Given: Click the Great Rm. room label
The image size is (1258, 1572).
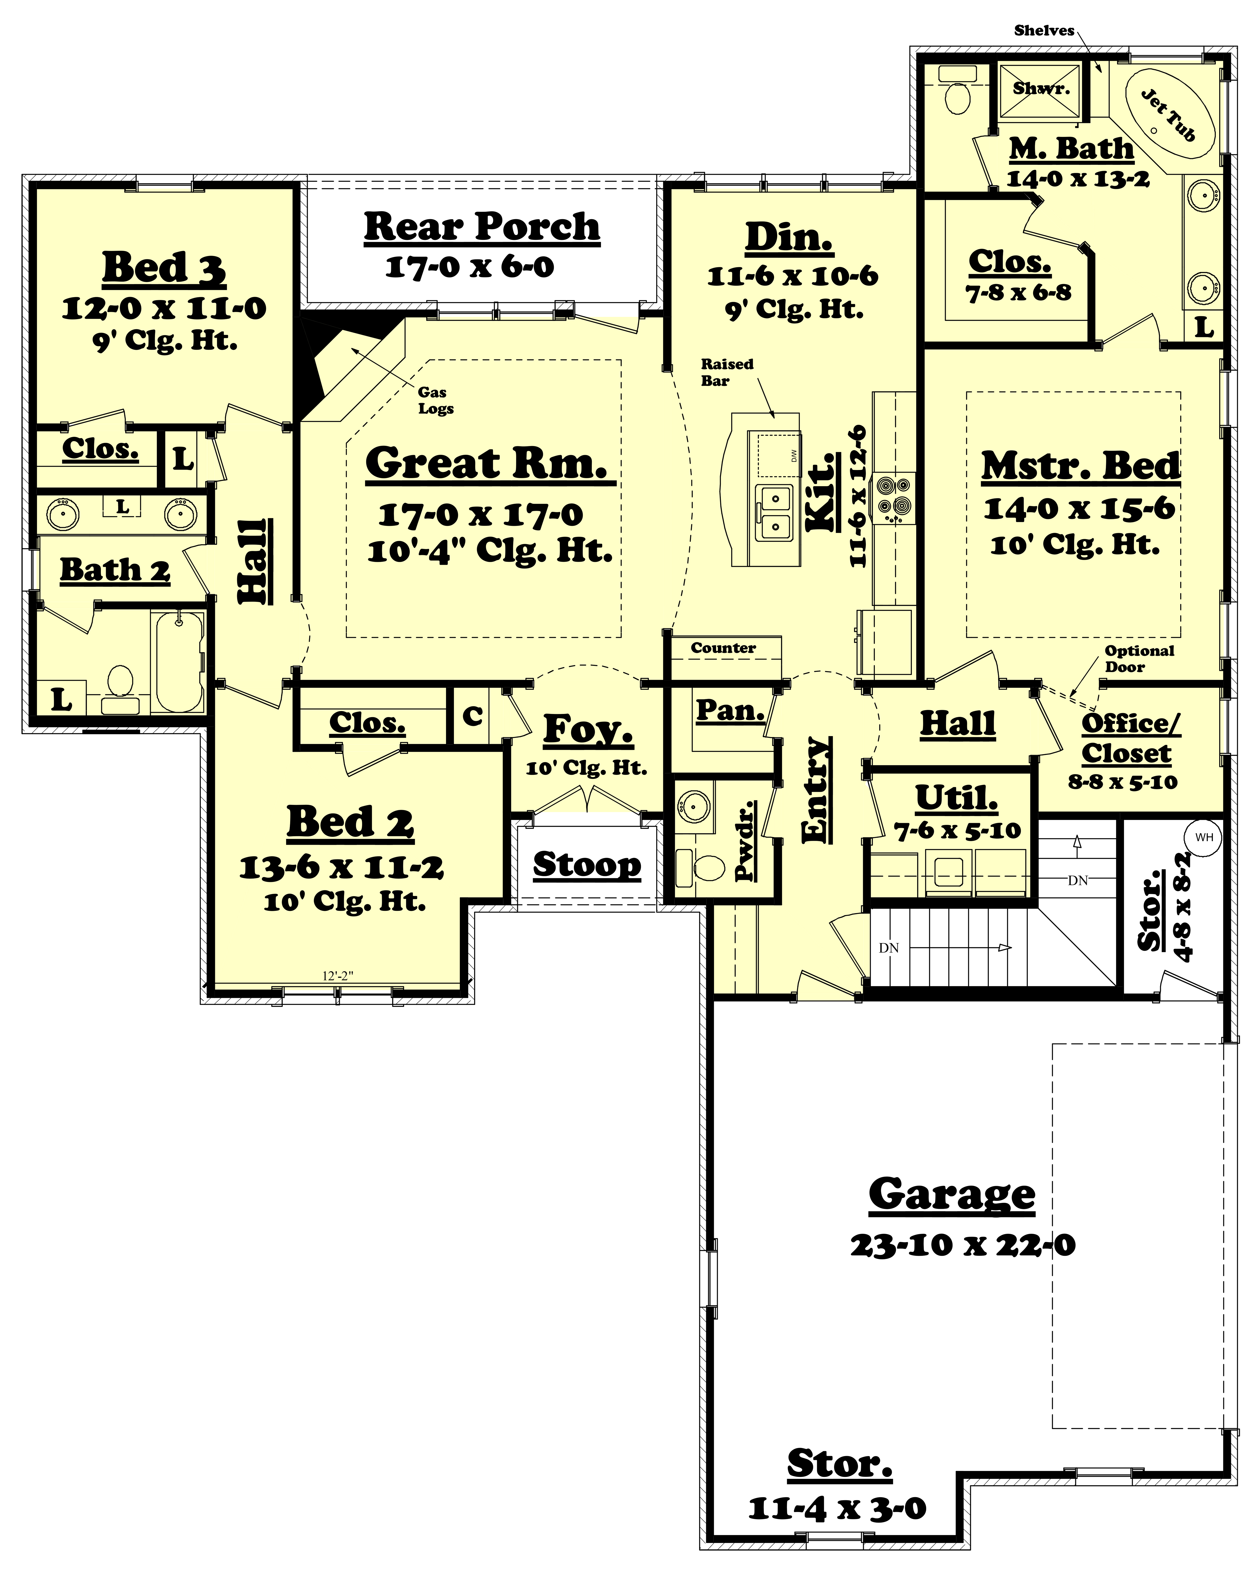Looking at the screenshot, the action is tap(487, 464).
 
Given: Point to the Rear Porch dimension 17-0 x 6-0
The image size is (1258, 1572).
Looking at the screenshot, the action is tap(470, 267).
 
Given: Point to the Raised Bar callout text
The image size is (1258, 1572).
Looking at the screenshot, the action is tap(727, 372).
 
